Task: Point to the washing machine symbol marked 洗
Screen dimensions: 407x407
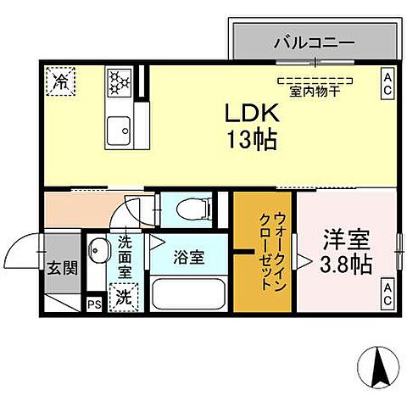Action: click(x=124, y=298)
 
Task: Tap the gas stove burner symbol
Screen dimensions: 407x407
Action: click(x=119, y=82)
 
